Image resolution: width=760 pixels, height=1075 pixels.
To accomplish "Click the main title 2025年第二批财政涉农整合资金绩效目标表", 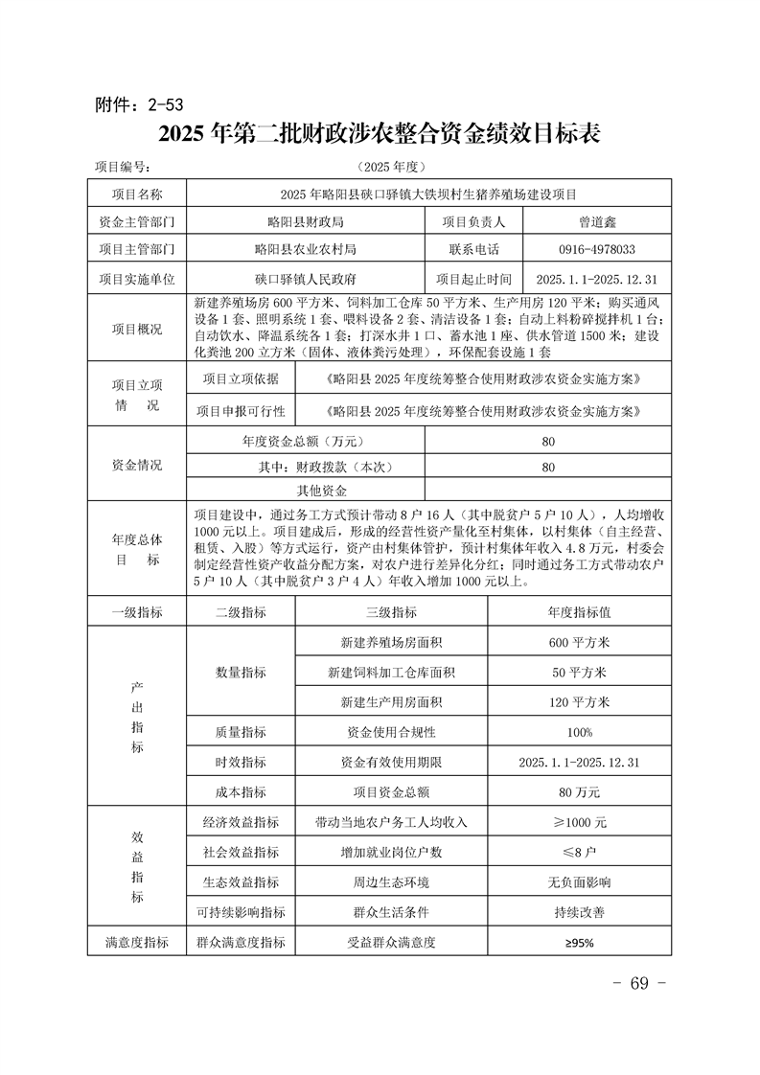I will [380, 134].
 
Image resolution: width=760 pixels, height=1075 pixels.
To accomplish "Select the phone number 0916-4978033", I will [596, 249].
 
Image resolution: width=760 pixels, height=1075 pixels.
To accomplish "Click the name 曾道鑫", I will [596, 220].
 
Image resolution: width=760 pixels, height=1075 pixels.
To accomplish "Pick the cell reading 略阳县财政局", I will [305, 220].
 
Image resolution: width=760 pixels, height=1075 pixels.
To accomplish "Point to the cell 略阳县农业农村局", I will [305, 249].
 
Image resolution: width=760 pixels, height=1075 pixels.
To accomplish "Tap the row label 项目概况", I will [137, 329].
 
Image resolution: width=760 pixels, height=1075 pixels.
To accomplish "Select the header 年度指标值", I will [580, 611].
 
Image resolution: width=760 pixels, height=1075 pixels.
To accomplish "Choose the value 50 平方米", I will [580, 672].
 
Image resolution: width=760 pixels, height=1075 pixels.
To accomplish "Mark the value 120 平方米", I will [580, 701].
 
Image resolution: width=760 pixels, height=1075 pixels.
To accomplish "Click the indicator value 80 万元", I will [580, 791].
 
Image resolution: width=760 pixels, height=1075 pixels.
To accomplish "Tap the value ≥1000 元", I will [580, 822].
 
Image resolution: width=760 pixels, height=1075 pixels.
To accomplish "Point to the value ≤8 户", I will [580, 852].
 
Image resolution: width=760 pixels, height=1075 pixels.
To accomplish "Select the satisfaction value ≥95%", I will [580, 943].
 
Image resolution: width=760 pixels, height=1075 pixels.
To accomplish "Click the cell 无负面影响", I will [580, 881].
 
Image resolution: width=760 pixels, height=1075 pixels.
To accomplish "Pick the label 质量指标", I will [241, 732].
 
